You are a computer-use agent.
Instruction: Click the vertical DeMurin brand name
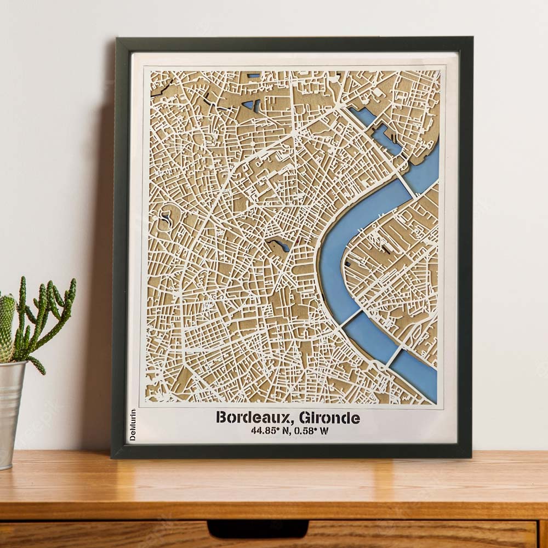(132, 425)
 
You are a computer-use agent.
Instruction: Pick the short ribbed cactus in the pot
(7, 326)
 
